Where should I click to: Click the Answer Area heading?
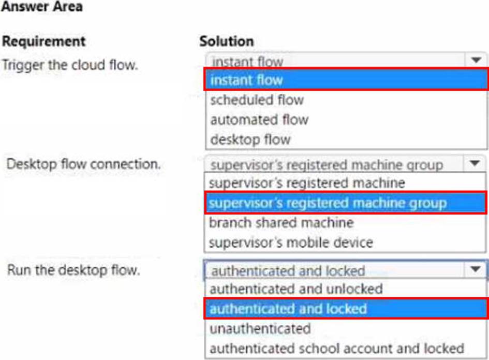pos(42,6)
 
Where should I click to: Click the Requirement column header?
pos(43,41)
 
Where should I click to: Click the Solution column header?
pos(227,41)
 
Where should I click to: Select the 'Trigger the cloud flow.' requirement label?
pos(70,65)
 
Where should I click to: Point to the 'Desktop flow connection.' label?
pos(84,164)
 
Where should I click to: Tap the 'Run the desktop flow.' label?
pos(73,270)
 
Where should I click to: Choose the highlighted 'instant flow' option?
pos(247,80)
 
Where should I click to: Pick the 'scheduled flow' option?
pos(257,100)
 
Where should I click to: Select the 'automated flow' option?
pos(259,120)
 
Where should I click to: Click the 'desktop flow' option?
pos(251,139)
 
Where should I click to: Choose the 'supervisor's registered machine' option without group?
pos(307,183)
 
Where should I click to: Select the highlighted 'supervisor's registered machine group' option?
pos(328,203)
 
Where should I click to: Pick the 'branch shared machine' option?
pos(281,223)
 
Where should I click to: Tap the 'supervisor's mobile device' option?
pos(291,242)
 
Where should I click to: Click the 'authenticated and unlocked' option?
pos(297,289)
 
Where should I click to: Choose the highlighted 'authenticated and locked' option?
pos(288,309)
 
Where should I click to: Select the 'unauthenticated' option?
pos(260,329)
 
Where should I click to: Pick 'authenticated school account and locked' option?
pos(337,349)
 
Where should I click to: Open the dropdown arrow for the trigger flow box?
pos(476,60)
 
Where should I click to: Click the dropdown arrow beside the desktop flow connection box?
pos(475,163)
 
